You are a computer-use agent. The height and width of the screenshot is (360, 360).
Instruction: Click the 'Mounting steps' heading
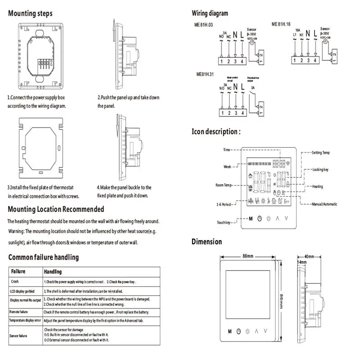pyautogui.click(x=30, y=13)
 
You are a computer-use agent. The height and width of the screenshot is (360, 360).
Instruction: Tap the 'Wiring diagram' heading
pyautogui.click(x=210, y=13)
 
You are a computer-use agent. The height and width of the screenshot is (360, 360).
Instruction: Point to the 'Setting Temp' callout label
pyautogui.click(x=320, y=153)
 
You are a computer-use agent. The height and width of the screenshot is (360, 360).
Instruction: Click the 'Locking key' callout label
pyautogui.click(x=320, y=170)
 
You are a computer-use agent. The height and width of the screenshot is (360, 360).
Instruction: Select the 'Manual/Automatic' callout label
pyautogui.click(x=324, y=204)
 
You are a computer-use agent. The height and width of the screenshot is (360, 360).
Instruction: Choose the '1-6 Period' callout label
pyautogui.click(x=224, y=204)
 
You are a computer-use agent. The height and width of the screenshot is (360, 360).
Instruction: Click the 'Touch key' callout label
pyautogui.click(x=224, y=222)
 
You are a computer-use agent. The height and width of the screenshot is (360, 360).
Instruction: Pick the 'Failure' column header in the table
pyautogui.click(x=18, y=272)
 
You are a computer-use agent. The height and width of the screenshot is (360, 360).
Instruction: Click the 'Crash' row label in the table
pyautogui.click(x=15, y=282)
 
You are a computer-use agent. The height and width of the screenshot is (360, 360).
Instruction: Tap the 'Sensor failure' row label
pyautogui.click(x=18, y=336)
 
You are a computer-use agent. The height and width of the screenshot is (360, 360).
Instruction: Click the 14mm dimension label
pyautogui.click(x=302, y=262)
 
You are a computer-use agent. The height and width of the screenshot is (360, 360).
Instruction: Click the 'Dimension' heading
pyautogui.click(x=207, y=242)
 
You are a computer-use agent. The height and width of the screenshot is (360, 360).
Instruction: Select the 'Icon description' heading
pyautogui.click(x=216, y=131)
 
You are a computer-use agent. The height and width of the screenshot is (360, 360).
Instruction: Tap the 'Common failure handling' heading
pyautogui.click(x=44, y=257)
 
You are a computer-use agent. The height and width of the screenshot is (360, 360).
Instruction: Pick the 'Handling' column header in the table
pyautogui.click(x=53, y=272)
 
